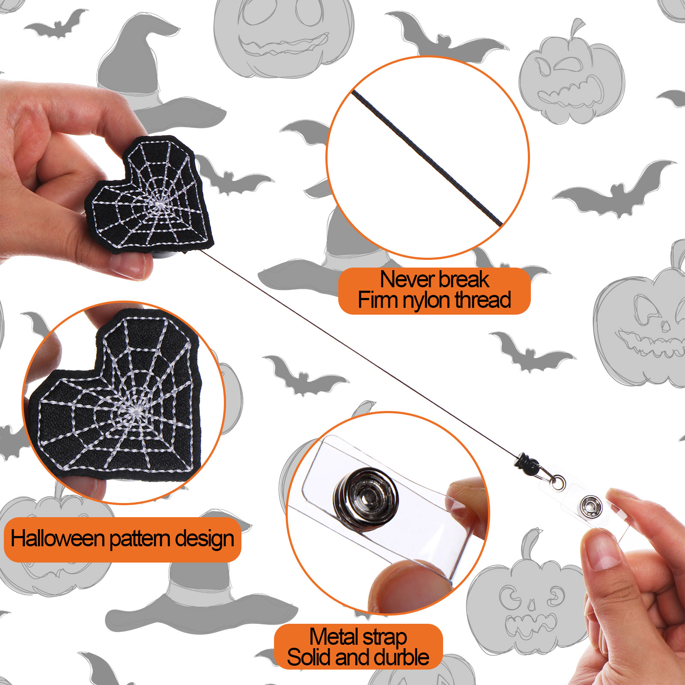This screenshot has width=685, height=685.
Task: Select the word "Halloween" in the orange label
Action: [57, 538]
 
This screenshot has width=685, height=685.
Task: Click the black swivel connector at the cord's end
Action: [527, 464]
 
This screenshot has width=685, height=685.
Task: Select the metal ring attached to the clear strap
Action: [557, 482]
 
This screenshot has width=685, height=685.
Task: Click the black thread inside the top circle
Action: [427, 158]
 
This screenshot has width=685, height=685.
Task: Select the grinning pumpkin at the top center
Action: [284, 36]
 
